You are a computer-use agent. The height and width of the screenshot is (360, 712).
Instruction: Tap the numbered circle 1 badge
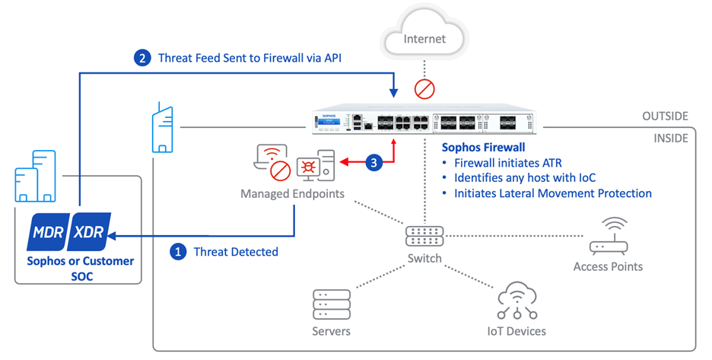click(x=177, y=251)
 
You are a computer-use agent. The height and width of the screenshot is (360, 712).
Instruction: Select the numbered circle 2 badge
click(x=141, y=58)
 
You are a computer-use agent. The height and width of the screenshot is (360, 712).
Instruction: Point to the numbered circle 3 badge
click(x=373, y=161)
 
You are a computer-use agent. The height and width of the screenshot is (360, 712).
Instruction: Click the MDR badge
click(x=47, y=231)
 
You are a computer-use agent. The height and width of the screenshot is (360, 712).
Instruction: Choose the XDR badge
click(x=90, y=231)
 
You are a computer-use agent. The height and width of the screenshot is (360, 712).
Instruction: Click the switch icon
click(x=424, y=236)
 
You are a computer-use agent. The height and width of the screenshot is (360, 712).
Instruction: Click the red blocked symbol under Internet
click(x=424, y=89)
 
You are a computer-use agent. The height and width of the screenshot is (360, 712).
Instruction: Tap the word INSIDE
click(x=671, y=139)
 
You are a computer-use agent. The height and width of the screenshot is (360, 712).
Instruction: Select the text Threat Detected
click(x=235, y=251)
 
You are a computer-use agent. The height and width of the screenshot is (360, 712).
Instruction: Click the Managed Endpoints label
click(x=292, y=194)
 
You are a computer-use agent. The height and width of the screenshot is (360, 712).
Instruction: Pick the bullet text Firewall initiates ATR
click(x=508, y=163)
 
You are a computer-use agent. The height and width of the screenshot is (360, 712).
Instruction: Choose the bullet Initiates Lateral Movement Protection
click(x=553, y=193)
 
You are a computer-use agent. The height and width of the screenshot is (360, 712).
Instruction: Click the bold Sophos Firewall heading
click(x=484, y=147)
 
